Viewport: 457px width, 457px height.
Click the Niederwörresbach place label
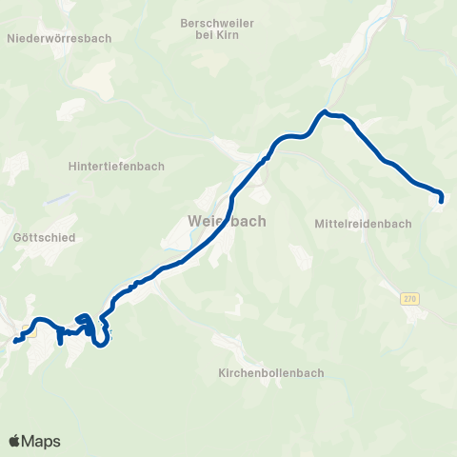(58, 38)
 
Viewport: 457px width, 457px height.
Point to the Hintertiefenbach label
(116, 165)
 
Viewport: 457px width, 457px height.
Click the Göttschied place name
(45, 237)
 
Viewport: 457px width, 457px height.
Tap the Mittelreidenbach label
(363, 225)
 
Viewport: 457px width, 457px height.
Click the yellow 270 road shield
(409, 298)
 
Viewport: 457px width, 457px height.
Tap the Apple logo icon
(15, 441)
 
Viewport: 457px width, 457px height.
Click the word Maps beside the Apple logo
(42, 441)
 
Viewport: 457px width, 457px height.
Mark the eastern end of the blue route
(442, 200)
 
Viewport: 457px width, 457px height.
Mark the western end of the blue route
(15, 340)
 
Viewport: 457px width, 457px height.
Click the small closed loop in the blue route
(83, 321)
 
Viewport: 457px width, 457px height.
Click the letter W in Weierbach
(196, 221)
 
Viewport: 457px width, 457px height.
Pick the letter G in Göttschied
(20, 237)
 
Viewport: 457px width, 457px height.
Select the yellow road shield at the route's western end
(29, 333)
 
